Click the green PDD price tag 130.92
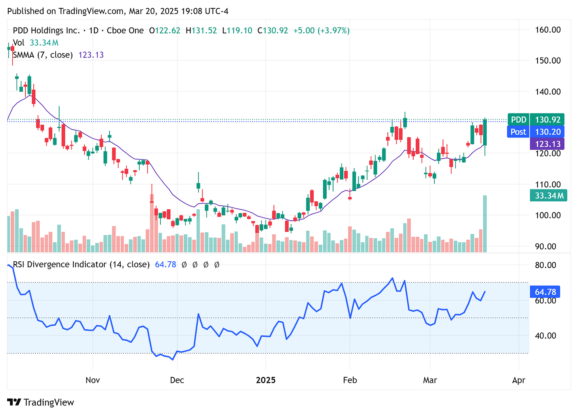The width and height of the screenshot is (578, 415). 536,120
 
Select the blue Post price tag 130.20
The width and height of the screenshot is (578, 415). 536,132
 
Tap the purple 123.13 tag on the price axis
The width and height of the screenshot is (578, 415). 547,144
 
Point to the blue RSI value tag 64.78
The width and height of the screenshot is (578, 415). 545,292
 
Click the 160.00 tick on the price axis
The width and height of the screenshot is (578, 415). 547,30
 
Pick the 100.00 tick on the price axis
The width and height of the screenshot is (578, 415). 547,215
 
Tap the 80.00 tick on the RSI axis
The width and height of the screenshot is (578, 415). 545,265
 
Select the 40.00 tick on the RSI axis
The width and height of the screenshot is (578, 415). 545,336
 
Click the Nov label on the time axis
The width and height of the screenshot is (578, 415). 92,380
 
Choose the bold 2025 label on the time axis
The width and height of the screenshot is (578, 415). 266,380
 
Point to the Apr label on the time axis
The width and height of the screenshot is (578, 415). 518,380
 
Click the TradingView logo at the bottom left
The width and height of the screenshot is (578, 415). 40,402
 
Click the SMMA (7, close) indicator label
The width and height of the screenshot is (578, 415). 43,55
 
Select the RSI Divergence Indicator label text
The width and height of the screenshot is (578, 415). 81,264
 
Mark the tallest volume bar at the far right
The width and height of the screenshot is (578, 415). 485,224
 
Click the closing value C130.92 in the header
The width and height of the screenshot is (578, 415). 272,31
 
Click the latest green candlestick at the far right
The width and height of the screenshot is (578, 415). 485,132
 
